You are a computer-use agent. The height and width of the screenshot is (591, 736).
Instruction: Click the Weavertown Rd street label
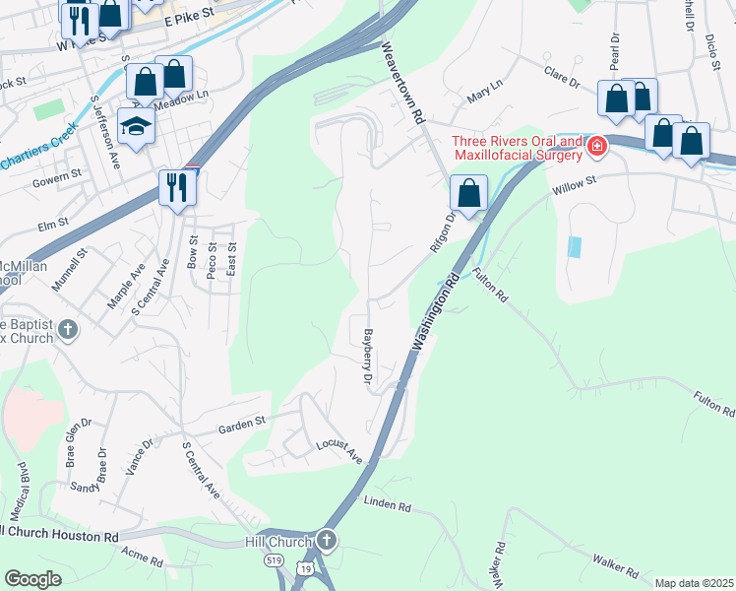point(402,82)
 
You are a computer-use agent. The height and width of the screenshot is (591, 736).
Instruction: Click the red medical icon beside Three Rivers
point(596,148)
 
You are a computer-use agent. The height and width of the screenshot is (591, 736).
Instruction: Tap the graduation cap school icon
point(136,125)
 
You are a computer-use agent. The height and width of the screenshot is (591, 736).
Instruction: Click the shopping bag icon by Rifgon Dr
point(469,192)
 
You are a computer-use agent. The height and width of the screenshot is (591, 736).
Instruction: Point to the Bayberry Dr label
point(368,357)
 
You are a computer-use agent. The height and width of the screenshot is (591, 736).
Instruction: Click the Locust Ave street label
point(339,452)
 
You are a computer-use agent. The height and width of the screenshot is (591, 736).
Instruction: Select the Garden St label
point(243,425)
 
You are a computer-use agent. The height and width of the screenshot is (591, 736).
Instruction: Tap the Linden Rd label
point(387,504)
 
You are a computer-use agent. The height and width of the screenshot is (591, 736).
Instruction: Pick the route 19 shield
point(307,569)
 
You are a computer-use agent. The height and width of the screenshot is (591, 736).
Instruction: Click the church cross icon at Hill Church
point(327,541)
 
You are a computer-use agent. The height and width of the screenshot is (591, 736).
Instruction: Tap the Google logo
point(32,579)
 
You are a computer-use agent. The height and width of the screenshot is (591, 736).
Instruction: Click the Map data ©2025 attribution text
point(694,583)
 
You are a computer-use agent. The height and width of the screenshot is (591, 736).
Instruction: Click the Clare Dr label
point(563,75)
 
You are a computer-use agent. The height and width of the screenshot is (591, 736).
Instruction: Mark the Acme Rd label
point(143,559)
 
